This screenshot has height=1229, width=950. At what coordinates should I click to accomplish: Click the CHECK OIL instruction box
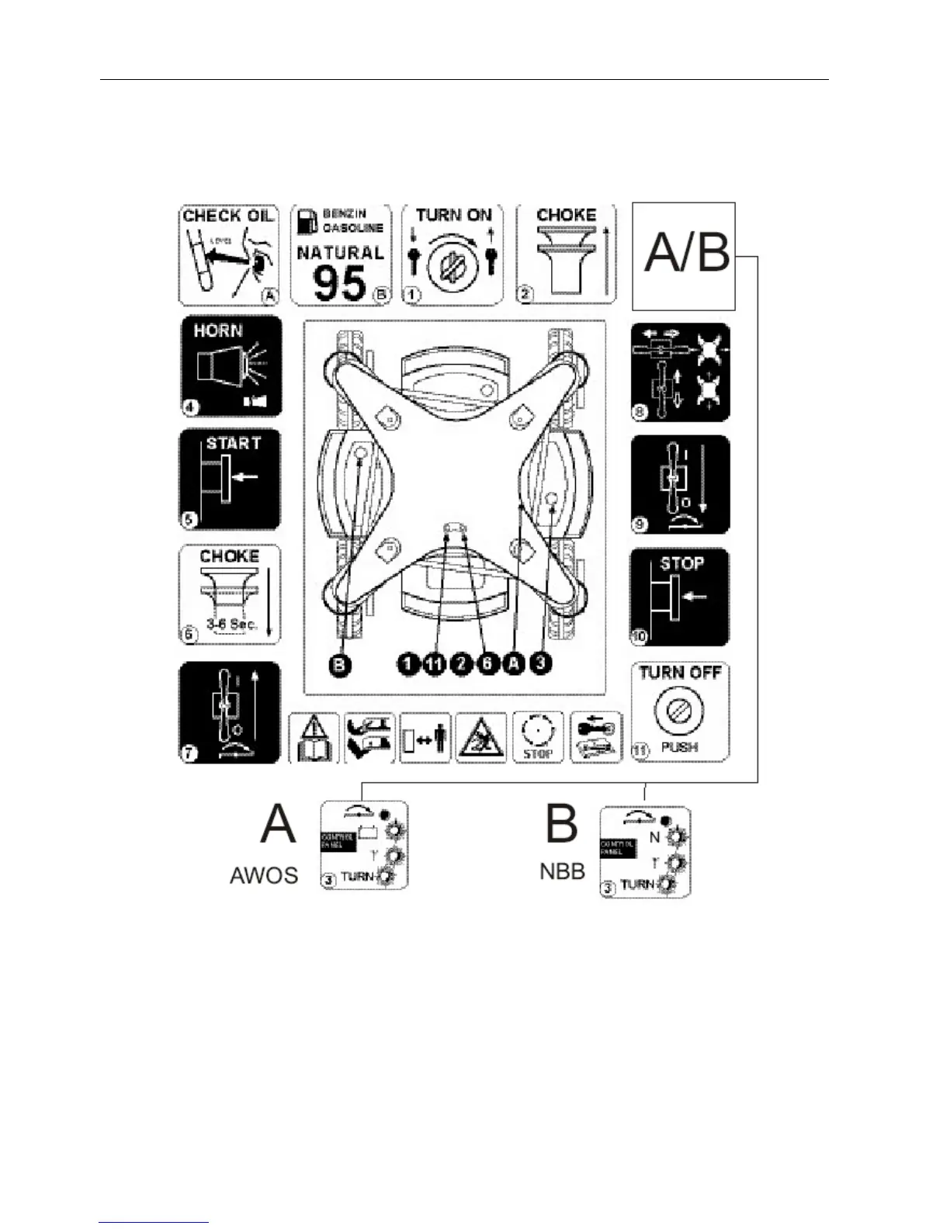click(x=229, y=255)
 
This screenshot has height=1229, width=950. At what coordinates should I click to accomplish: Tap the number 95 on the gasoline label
click(x=340, y=284)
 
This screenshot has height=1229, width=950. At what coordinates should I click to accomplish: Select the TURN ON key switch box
click(x=452, y=255)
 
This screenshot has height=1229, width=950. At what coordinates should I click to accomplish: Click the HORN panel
click(x=230, y=366)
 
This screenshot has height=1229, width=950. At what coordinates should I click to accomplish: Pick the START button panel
click(x=230, y=479)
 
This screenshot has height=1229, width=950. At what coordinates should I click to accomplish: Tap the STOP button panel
click(x=680, y=597)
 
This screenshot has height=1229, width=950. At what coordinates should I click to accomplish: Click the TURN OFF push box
click(x=680, y=711)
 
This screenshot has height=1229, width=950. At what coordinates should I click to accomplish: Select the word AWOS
click(x=264, y=876)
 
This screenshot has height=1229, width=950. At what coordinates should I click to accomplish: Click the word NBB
click(x=562, y=872)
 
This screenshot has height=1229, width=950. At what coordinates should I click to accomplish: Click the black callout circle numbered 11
click(x=434, y=665)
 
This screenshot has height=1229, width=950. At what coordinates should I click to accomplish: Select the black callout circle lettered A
click(x=513, y=665)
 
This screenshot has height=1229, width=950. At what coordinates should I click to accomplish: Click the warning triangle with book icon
click(x=314, y=737)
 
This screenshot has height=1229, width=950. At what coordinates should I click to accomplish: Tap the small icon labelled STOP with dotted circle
click(x=538, y=737)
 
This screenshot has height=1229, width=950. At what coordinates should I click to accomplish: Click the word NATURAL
click(x=340, y=252)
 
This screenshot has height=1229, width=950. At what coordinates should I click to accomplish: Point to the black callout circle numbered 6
click(x=487, y=665)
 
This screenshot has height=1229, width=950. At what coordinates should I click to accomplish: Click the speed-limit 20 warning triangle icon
click(x=482, y=737)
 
